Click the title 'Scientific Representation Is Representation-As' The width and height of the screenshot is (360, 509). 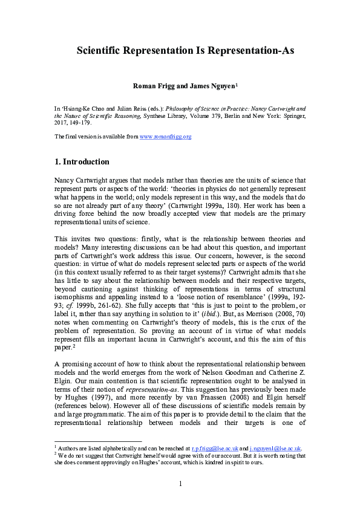[185, 51]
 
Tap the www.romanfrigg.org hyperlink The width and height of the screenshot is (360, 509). [165, 137]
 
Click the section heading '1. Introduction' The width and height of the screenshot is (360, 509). [82, 162]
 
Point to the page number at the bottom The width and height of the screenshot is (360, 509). [180, 484]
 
